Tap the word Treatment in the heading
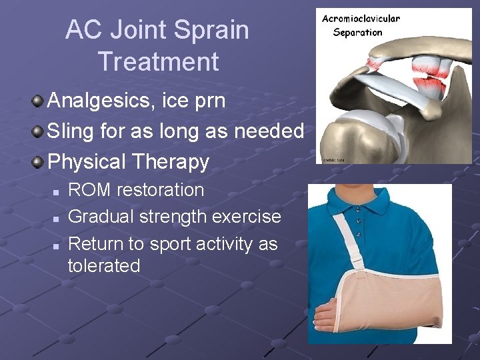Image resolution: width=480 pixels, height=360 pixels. pyautogui.click(x=158, y=62)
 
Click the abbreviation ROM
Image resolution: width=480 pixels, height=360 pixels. pyautogui.click(x=89, y=190)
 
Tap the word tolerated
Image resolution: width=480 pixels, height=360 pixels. pyautogui.click(x=104, y=266)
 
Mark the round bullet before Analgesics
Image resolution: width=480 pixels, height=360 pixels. pyautogui.click(x=37, y=102)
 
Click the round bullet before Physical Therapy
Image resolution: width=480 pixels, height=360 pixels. pyautogui.click(x=37, y=161)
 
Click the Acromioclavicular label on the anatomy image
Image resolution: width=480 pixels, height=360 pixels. pyautogui.click(x=361, y=19)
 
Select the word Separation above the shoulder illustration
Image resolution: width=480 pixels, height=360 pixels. pyautogui.click(x=357, y=32)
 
